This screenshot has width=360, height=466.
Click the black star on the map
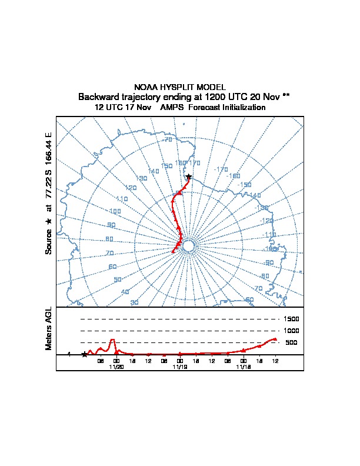[188, 177]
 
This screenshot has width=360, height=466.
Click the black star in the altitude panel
[85, 354]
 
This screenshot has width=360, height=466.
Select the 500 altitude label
[291, 342]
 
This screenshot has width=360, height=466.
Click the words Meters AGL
[49, 328]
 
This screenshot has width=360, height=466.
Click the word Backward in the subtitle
[98, 96]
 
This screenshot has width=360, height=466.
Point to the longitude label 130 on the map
[141, 178]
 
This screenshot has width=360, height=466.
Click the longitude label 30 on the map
[134, 302]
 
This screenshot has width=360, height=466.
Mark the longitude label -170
[221, 169]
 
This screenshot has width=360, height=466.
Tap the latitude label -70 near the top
[168, 139]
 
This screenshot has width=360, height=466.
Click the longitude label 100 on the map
[115, 211]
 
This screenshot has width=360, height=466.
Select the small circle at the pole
[188, 246]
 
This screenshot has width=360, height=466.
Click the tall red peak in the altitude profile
[112, 340]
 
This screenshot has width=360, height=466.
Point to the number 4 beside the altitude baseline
[69, 354]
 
